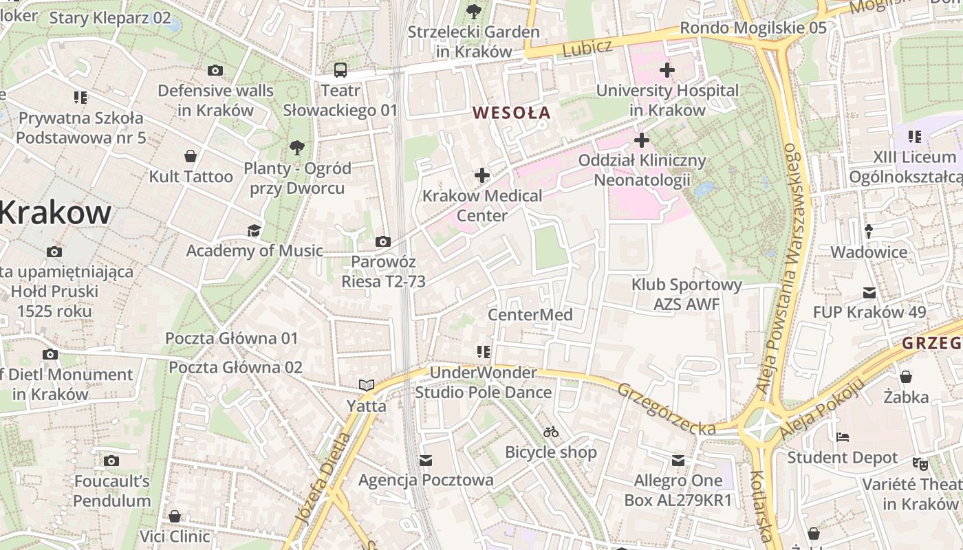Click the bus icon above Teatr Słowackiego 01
(340, 69)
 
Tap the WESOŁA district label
(512, 113)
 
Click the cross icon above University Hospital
(667, 69)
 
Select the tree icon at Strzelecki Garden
(473, 10)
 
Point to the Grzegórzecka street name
(666, 409)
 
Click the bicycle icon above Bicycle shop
(551, 432)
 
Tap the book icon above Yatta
(367, 386)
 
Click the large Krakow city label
(55, 212)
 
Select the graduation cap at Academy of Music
(255, 230)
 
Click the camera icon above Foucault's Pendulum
(111, 461)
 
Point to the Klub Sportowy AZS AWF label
(686, 294)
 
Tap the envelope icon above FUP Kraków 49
(869, 293)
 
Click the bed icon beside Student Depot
(843, 437)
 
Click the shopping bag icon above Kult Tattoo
(191, 156)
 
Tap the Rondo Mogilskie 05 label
(753, 27)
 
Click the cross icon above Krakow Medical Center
(482, 175)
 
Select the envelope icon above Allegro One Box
(678, 460)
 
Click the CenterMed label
(530, 315)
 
